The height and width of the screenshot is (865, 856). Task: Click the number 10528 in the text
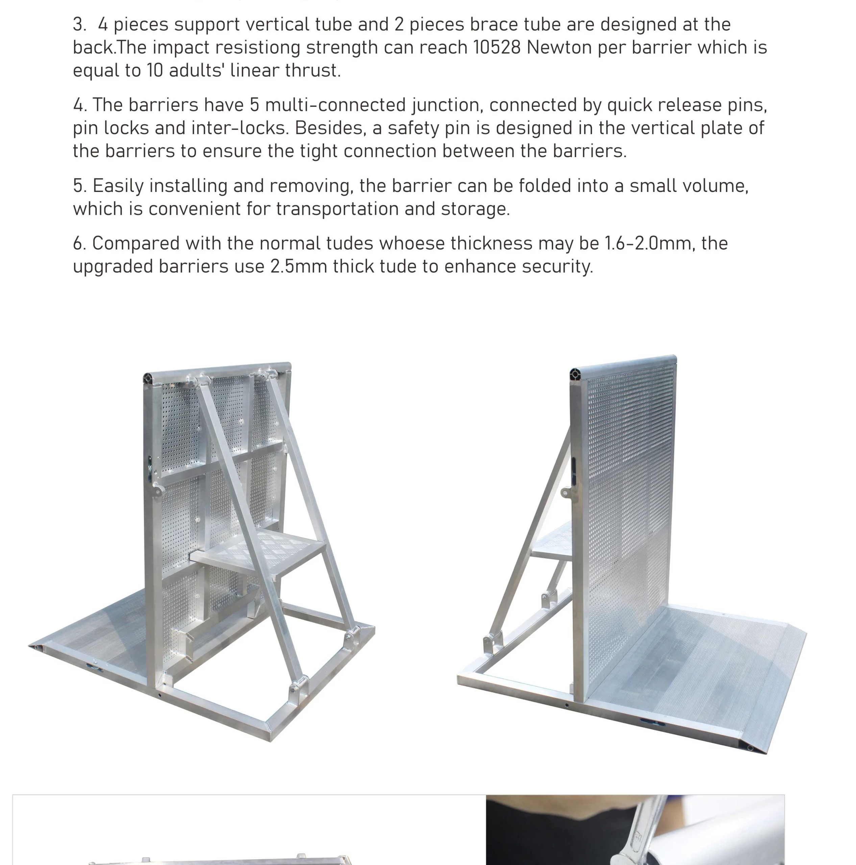(497, 47)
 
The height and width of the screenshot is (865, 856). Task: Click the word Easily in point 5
(118, 186)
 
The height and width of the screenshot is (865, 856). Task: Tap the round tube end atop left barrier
(149, 379)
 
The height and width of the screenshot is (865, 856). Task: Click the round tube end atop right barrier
(575, 374)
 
